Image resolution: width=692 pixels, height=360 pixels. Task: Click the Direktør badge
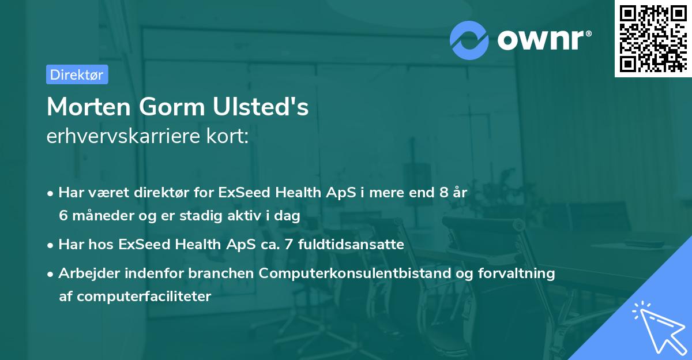77,74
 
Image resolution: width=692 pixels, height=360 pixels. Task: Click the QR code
653,39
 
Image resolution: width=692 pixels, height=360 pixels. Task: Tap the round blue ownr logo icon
469,40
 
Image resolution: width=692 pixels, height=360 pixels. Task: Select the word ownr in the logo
542,39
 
